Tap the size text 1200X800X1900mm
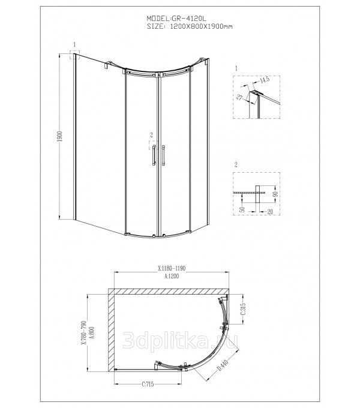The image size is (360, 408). (201, 26)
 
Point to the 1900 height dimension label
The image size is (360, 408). (61, 136)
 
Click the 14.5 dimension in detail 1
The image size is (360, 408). (265, 80)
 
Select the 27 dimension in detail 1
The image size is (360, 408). (239, 98)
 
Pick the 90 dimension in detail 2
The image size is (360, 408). (276, 194)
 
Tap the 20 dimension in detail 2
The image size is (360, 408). (270, 212)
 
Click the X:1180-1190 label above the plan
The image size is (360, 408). (172, 268)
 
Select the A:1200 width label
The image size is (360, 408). (172, 276)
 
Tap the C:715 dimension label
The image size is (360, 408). (148, 384)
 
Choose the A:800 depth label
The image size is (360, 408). (92, 333)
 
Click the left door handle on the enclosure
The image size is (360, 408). (154, 155)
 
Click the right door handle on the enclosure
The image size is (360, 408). (163, 155)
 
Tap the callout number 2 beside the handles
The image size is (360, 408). (152, 135)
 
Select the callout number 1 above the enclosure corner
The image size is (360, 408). (74, 44)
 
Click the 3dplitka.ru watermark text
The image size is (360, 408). (180, 340)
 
